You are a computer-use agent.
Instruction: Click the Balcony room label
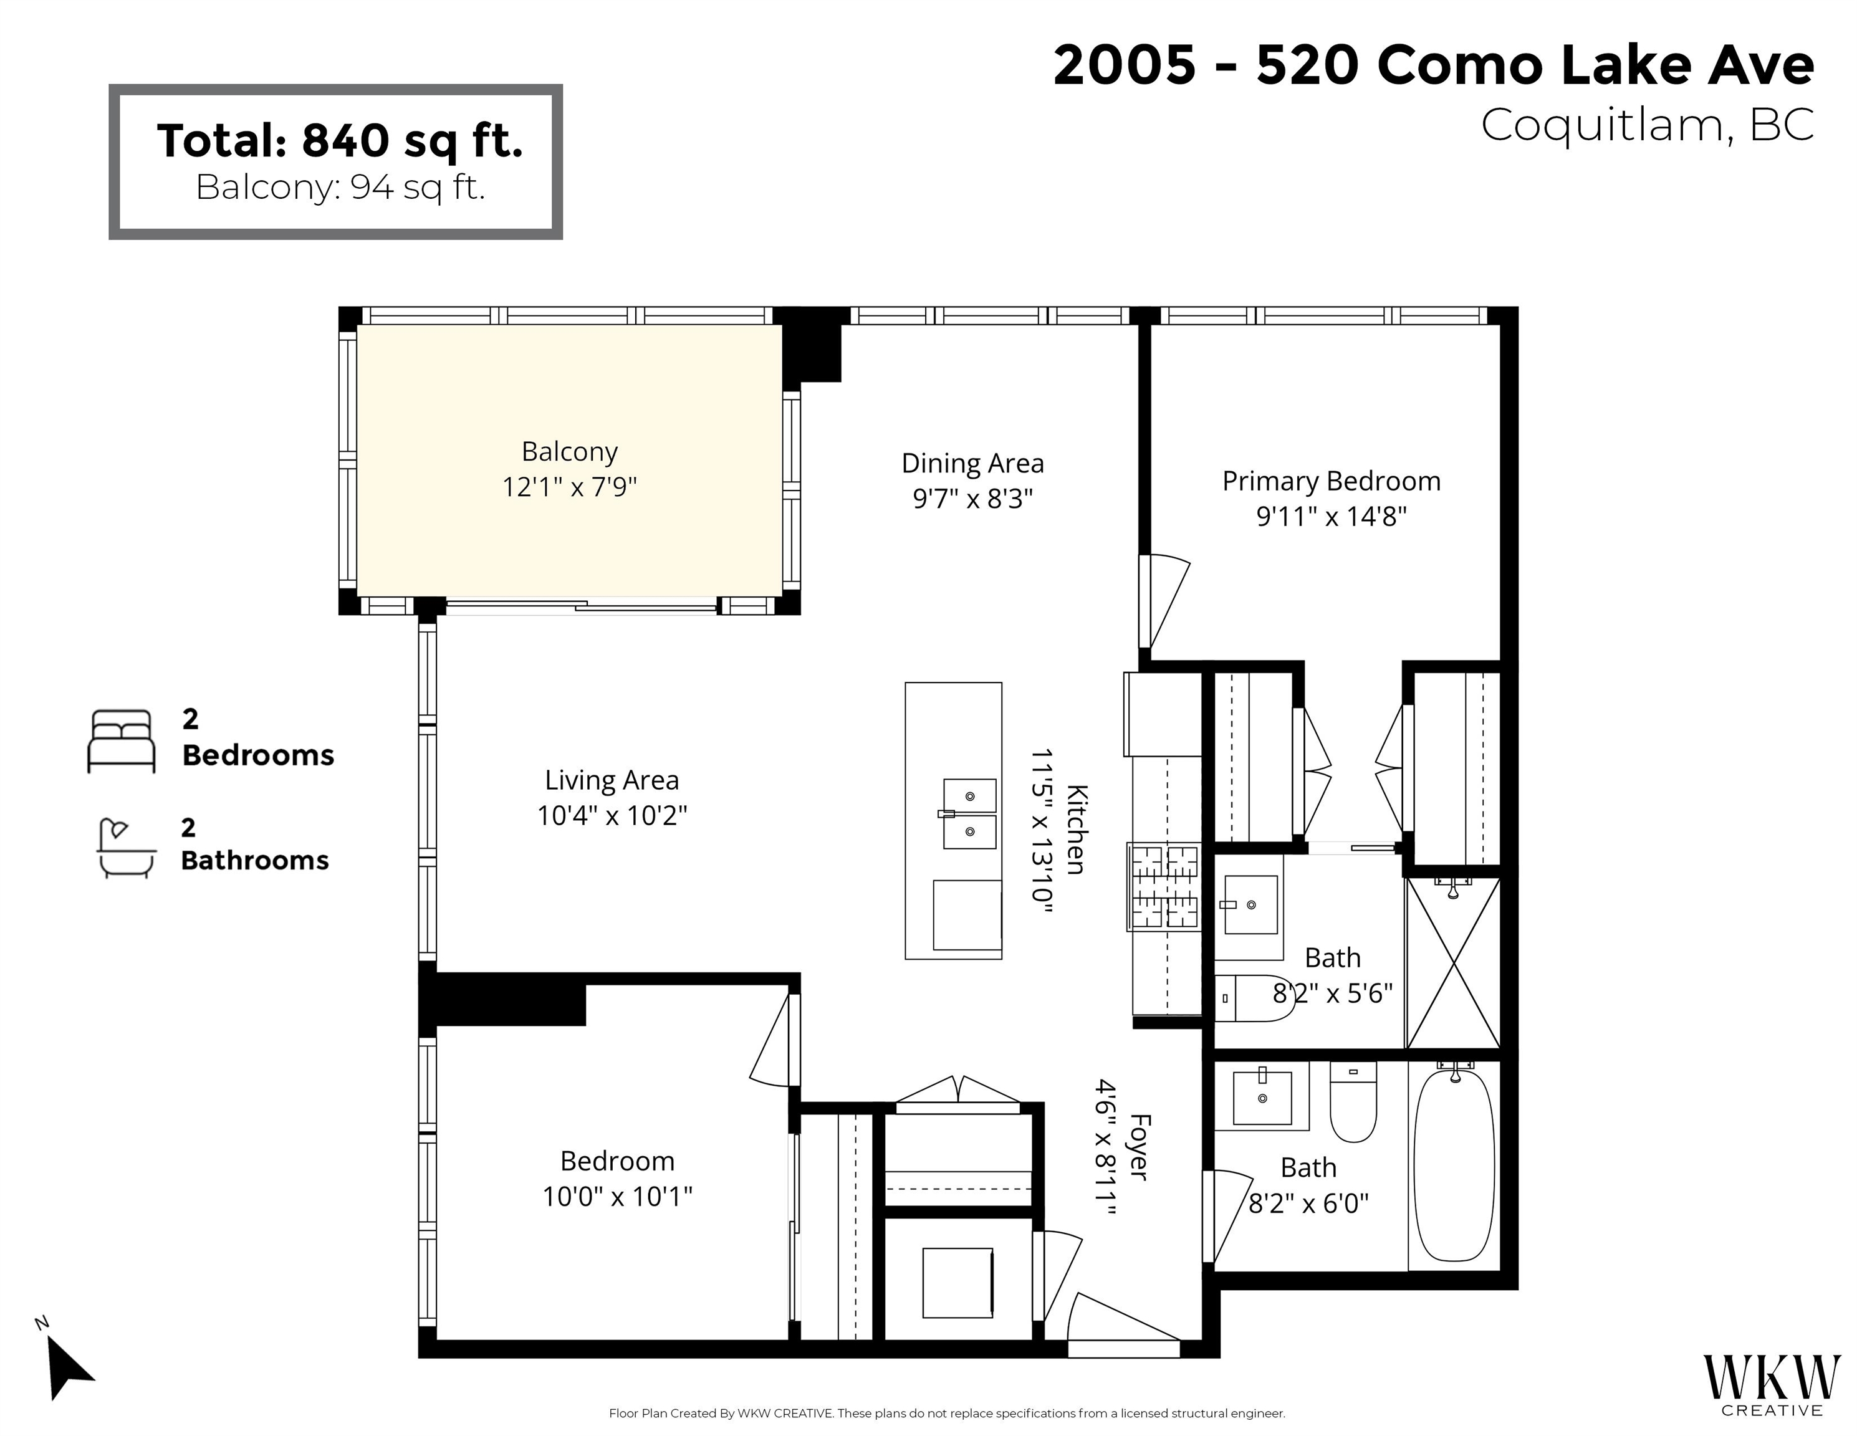tap(569, 451)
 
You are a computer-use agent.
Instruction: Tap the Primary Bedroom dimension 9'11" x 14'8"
tap(1332, 516)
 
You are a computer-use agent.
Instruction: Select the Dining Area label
tap(972, 463)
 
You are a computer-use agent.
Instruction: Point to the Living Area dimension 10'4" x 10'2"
tap(612, 815)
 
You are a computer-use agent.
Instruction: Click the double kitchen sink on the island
tap(969, 813)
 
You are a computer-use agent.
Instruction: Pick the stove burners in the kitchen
tap(1164, 886)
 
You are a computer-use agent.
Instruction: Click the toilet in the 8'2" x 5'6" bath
tap(1254, 998)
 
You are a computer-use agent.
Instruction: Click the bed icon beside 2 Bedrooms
tap(122, 742)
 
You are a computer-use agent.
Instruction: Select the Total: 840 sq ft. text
tap(339, 140)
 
